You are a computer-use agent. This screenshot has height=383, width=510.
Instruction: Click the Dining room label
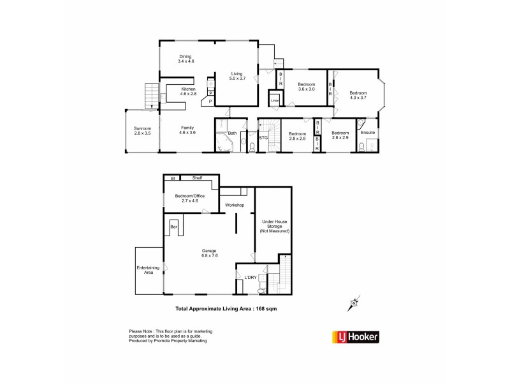point(186,56)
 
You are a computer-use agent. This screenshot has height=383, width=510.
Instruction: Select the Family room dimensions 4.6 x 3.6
point(187,132)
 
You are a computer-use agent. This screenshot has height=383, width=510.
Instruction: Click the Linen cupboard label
point(275,101)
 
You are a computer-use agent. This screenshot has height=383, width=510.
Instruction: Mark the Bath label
point(233,133)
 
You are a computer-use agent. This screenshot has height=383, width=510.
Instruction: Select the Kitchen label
point(189,89)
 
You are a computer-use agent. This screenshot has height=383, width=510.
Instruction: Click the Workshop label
point(235,205)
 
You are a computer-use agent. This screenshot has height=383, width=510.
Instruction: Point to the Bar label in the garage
point(173,225)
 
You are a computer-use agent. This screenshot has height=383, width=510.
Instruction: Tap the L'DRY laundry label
point(251,277)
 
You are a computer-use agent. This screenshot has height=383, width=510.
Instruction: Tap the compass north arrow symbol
point(353,304)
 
